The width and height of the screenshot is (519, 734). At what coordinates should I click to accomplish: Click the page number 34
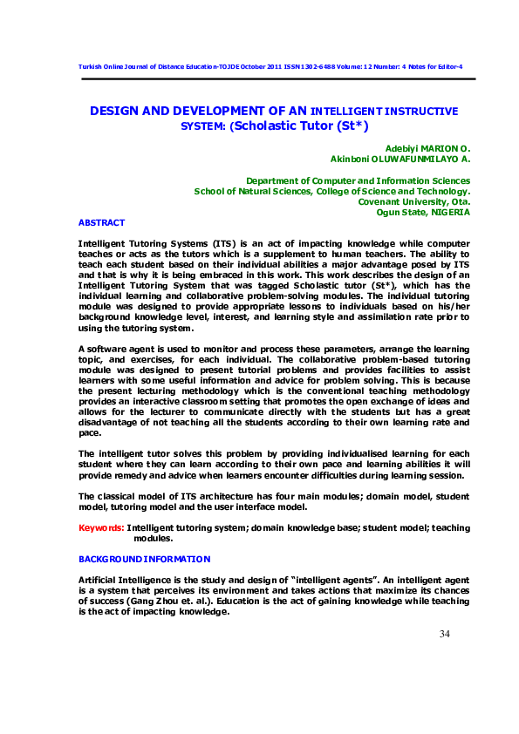tap(444, 633)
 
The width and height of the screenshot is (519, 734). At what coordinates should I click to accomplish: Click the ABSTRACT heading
tap(101, 223)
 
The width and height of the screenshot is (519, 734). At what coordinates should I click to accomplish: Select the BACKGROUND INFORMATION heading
tap(144, 559)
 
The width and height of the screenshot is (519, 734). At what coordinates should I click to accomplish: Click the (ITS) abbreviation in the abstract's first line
tap(221, 242)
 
